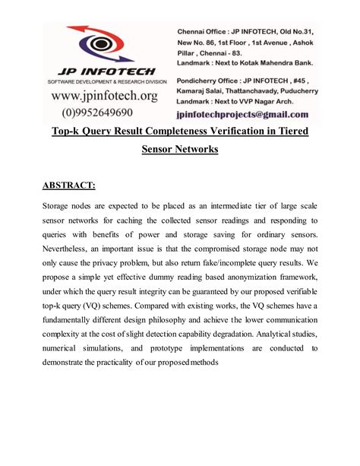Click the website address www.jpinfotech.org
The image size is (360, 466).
(104, 96)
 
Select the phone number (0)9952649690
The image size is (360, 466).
(104, 113)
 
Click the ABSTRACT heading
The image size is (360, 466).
(69, 185)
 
